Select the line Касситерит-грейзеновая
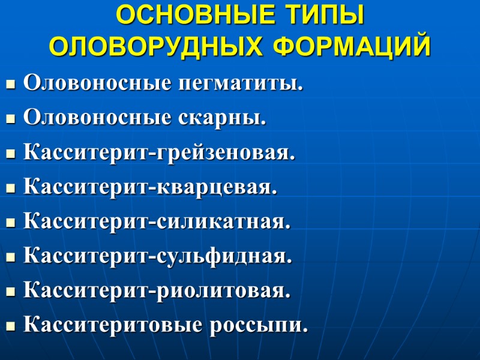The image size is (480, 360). tap(160, 153)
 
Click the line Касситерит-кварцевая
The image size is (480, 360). tap(151, 188)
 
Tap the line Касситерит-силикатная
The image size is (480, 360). tap(157, 223)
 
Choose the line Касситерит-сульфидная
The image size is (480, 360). tap(158, 257)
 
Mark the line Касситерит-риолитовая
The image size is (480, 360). tap(157, 292)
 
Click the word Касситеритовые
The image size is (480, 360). tap(112, 326)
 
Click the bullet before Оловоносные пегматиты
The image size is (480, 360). tap(10, 85)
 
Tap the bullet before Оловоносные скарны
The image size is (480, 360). tap(10, 120)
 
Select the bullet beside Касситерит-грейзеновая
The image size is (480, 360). tap(10, 155)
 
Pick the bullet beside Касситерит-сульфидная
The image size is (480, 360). tap(10, 259)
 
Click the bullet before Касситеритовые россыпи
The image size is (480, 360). tap(10, 328)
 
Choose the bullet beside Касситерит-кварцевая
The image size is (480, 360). tap(10, 190)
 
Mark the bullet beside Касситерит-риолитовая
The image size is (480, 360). tap(10, 293)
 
